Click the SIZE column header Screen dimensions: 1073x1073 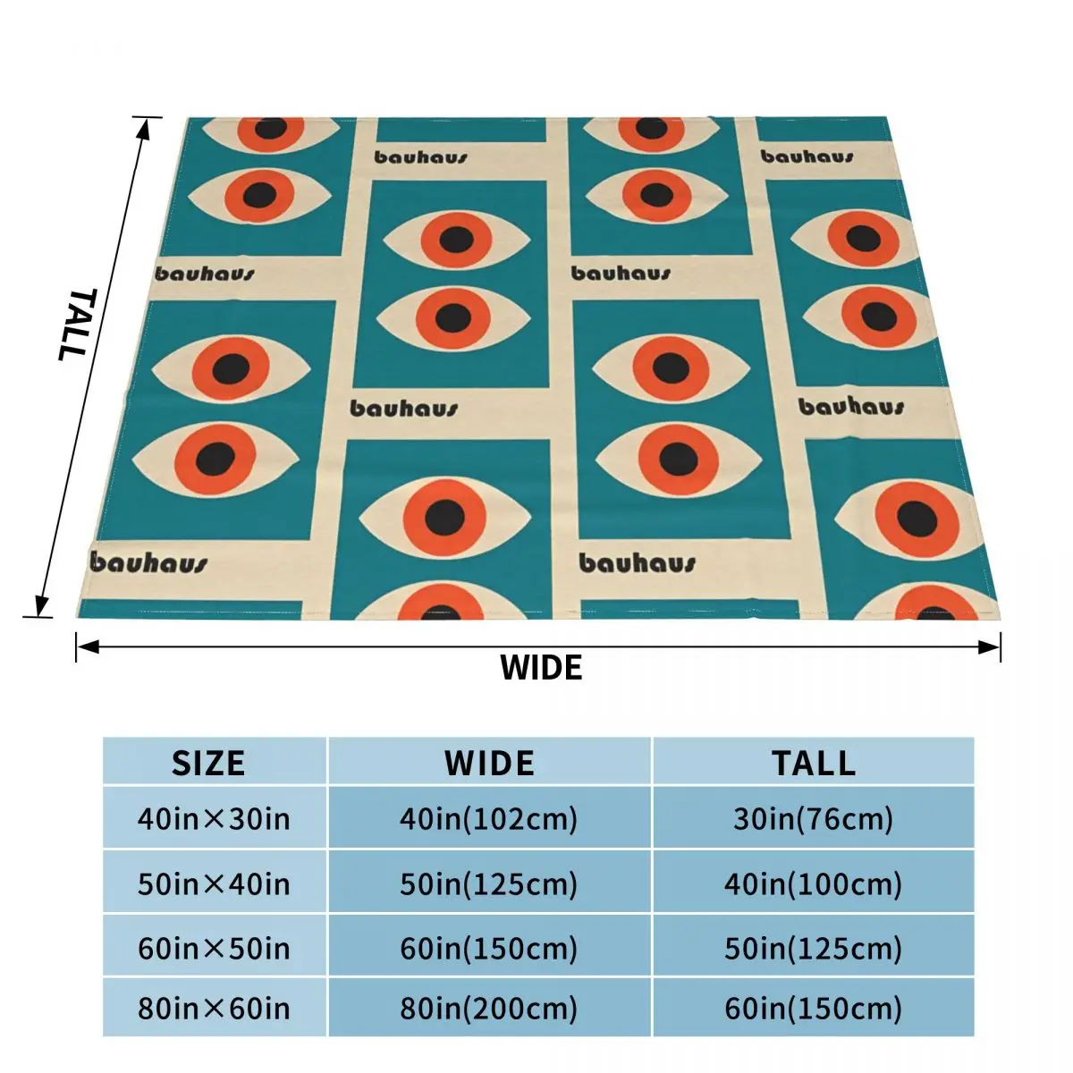click(208, 763)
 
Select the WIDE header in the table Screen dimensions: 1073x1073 click(489, 763)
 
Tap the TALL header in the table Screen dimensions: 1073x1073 click(813, 763)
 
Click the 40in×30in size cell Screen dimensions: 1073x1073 click(214, 818)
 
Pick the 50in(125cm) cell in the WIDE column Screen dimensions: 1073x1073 click(489, 884)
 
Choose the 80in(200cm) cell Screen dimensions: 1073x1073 click(489, 1009)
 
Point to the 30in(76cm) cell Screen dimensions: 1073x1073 click(813, 818)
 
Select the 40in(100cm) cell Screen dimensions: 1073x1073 click(813, 884)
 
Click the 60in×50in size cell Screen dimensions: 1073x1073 click(214, 948)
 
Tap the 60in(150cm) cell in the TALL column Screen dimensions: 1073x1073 click(813, 1009)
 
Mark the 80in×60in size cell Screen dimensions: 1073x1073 click(214, 1009)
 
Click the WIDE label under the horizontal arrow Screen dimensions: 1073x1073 click(541, 668)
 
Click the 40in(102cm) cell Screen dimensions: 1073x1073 click(489, 818)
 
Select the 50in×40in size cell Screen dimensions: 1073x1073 click(214, 884)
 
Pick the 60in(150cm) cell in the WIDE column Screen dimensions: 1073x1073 click(489, 948)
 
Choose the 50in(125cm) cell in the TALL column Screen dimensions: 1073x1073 click(813, 948)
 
